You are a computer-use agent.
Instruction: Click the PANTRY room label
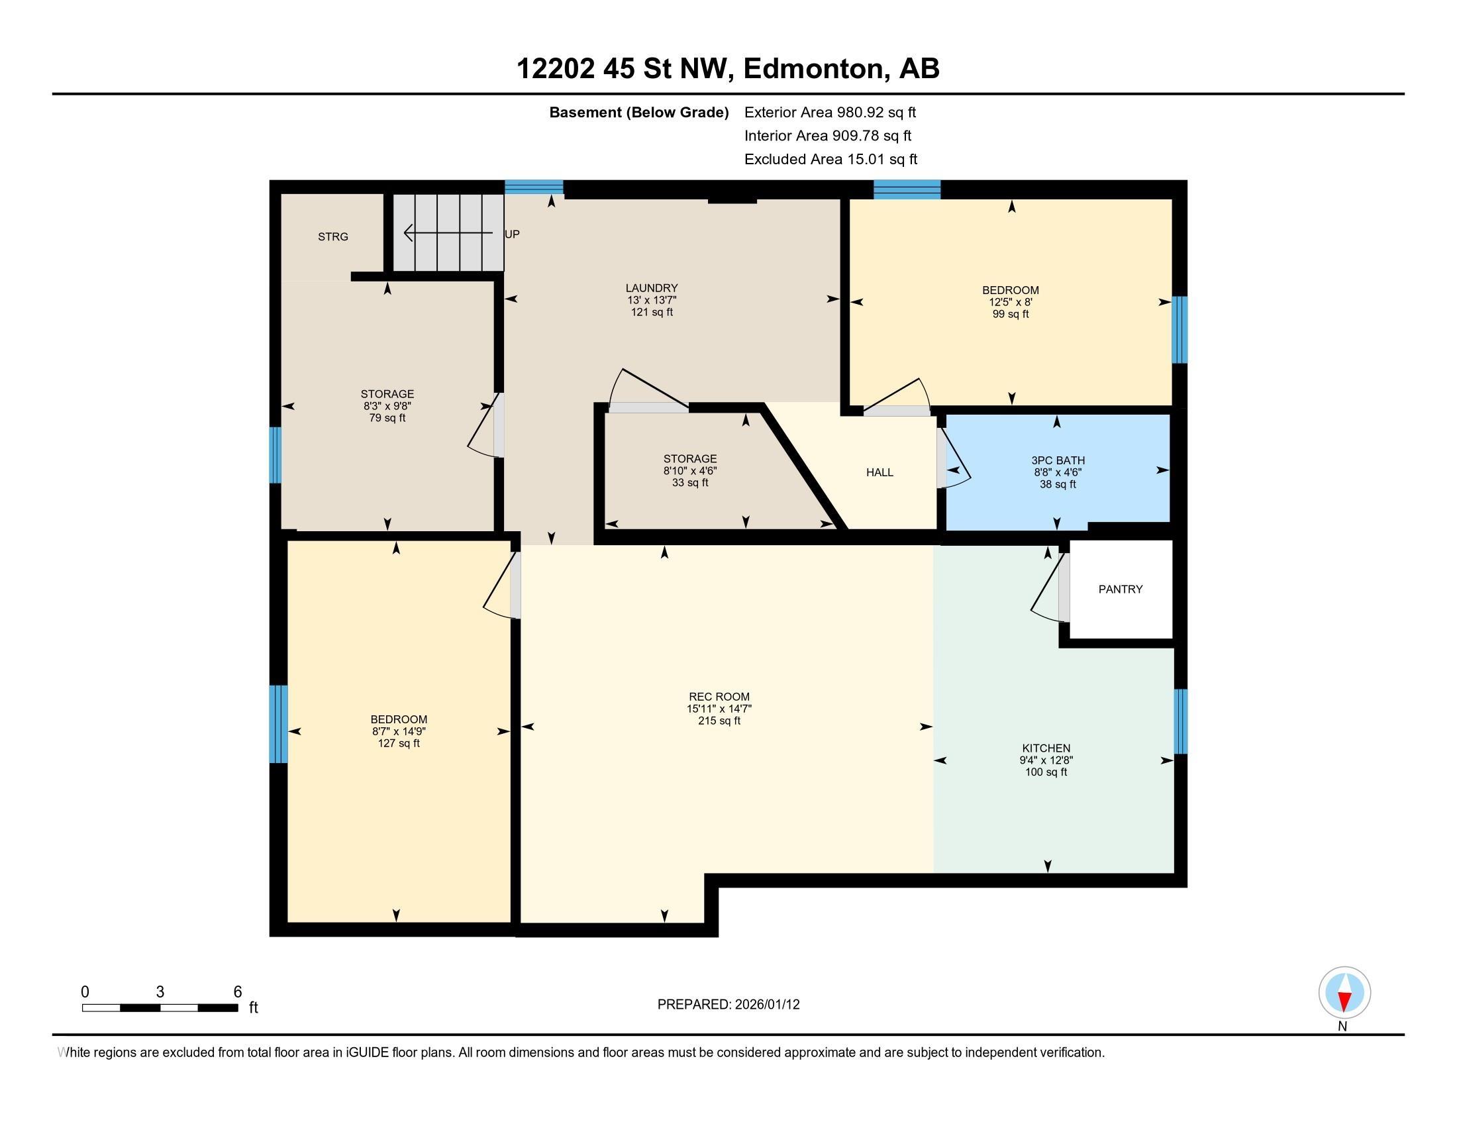pyautogui.click(x=1120, y=589)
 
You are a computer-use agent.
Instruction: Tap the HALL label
pyautogui.click(x=879, y=472)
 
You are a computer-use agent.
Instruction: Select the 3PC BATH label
pyautogui.click(x=1058, y=460)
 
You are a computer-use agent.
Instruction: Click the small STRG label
pyautogui.click(x=333, y=237)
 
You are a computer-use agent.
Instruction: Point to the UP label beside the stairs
pyautogui.click(x=512, y=234)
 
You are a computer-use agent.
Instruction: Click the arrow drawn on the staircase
pyautogui.click(x=447, y=233)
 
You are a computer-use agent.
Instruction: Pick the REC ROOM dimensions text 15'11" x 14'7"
pyautogui.click(x=719, y=709)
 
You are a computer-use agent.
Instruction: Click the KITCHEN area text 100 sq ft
pyautogui.click(x=1045, y=772)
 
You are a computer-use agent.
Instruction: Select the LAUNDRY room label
pyautogui.click(x=651, y=288)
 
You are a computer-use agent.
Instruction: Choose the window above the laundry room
pyautogui.click(x=534, y=187)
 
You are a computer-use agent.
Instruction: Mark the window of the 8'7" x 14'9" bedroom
pyautogui.click(x=278, y=724)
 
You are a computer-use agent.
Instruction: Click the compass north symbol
pyautogui.click(x=1344, y=994)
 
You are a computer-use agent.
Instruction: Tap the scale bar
pyautogui.click(x=160, y=1007)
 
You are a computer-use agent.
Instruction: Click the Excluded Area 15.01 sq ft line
pyautogui.click(x=830, y=160)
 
